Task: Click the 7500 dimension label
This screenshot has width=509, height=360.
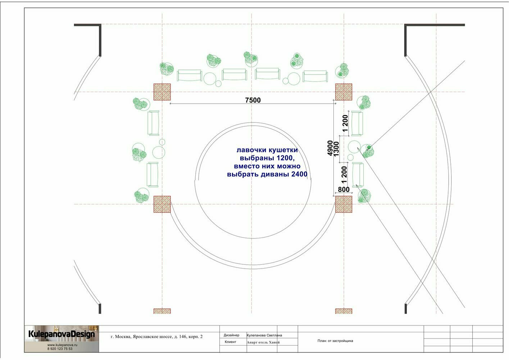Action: pos(253,100)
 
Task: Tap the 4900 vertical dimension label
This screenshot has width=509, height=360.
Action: pos(330,148)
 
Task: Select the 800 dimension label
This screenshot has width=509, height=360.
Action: pos(344,189)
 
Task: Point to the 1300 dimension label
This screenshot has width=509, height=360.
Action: pos(336,149)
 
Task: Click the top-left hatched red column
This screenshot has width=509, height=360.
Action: pos(162,92)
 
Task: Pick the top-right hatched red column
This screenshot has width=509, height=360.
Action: pos(344,92)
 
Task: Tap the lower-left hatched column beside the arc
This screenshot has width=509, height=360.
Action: pos(162,204)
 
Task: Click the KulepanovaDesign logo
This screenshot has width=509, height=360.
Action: pos(62,334)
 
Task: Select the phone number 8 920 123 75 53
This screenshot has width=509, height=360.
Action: pos(60,348)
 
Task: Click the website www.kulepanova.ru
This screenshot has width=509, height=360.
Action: pos(62,345)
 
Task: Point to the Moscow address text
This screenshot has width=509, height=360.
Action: pos(156,337)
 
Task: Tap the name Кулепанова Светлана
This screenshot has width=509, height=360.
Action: pos(264,335)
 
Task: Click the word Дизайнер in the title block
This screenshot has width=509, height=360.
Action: pos(231,335)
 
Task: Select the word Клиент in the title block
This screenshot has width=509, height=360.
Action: pos(231,342)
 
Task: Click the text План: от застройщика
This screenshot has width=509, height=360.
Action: pos(335,341)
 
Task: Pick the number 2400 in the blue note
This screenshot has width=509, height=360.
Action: pos(300,174)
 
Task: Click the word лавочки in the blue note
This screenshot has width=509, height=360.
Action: pos(251,150)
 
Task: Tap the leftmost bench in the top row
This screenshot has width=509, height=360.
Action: pos(190,75)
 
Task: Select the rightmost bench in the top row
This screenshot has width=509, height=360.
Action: pos(315,76)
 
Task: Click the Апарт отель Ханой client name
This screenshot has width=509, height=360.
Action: pos(263,342)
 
